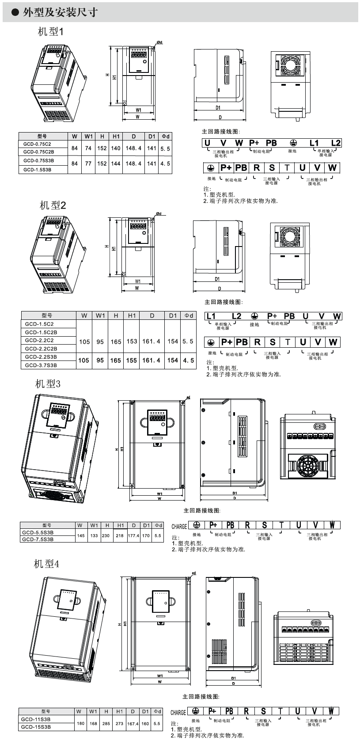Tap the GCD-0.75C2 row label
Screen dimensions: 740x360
point(38,144)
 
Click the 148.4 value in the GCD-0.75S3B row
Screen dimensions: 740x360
point(133,163)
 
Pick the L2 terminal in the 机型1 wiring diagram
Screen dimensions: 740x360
point(336,143)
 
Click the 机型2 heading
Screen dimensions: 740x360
point(53,205)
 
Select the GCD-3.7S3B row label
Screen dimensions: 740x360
point(41,365)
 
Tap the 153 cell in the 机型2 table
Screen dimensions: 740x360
point(132,342)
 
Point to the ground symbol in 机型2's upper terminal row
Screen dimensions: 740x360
point(254,316)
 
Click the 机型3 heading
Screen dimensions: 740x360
point(48,384)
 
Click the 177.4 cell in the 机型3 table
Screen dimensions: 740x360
point(133,535)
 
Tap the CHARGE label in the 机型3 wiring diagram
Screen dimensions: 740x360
point(179,526)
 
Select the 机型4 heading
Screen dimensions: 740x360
point(46,564)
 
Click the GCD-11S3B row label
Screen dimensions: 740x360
point(36,719)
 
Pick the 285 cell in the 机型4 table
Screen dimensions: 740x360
point(106,724)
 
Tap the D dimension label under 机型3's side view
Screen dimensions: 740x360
point(235,498)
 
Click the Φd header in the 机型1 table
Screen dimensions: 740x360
point(165,136)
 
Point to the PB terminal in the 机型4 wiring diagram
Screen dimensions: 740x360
point(229,711)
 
